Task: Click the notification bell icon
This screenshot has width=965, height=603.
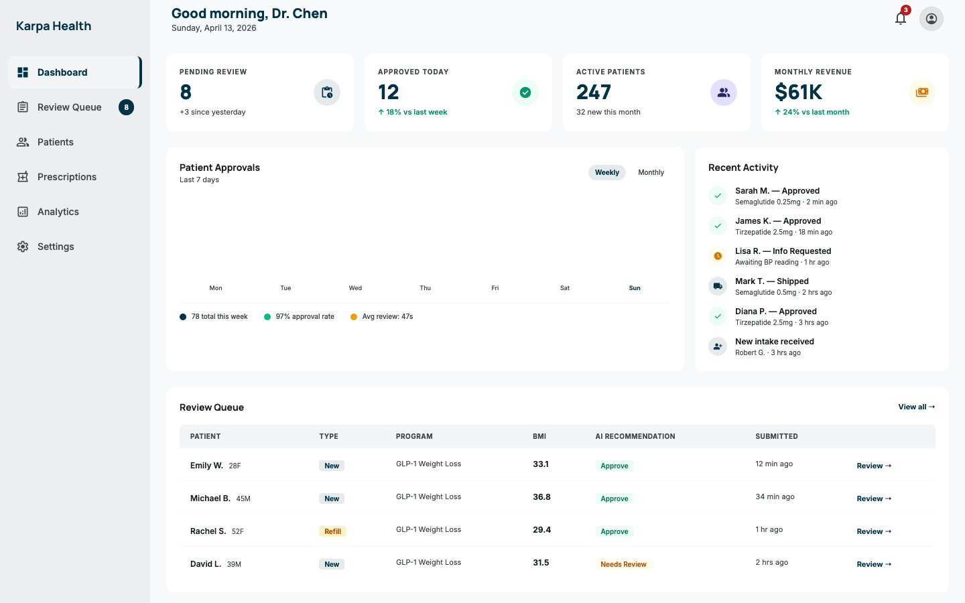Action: click(x=901, y=18)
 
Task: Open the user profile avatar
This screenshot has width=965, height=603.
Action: click(x=931, y=19)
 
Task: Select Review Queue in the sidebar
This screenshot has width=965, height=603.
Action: click(x=70, y=107)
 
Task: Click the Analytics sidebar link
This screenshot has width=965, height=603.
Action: click(x=58, y=212)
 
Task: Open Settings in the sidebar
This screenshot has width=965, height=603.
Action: click(x=56, y=247)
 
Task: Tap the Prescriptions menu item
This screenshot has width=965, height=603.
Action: click(x=67, y=177)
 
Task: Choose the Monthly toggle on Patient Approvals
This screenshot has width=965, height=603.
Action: click(x=651, y=172)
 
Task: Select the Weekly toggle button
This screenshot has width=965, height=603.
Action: click(x=606, y=172)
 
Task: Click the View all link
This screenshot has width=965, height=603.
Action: click(x=916, y=407)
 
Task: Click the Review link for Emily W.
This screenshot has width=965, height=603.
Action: click(x=874, y=466)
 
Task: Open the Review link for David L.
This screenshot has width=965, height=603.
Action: click(x=874, y=564)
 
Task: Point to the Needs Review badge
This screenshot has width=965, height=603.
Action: click(x=623, y=564)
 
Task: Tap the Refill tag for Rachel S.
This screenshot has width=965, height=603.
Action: click(x=332, y=531)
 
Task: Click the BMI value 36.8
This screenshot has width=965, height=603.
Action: click(x=541, y=497)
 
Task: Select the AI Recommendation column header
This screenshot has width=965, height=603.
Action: click(x=635, y=436)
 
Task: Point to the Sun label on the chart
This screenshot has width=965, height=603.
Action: click(x=635, y=288)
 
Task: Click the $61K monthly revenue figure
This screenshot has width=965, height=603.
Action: click(x=798, y=92)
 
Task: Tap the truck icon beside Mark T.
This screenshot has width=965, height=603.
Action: click(x=718, y=286)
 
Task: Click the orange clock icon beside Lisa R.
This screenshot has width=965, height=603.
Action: click(x=718, y=256)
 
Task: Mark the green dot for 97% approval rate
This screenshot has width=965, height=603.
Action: click(x=267, y=317)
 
